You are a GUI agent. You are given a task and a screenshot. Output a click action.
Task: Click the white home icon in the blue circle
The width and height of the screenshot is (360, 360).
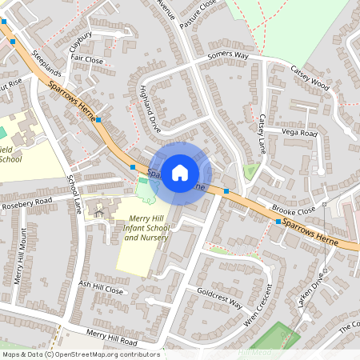(180, 172)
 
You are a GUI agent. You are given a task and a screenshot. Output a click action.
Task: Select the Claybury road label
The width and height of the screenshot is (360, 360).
(81, 38)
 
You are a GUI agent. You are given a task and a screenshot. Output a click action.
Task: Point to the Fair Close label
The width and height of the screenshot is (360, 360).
(87, 60)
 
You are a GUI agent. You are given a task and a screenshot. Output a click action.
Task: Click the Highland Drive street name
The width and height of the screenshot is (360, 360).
(150, 109)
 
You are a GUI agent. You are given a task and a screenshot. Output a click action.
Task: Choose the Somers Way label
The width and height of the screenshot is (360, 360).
(229, 55)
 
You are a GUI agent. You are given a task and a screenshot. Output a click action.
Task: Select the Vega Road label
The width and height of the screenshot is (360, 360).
(299, 132)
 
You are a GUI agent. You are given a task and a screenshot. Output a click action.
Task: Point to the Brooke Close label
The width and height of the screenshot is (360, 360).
(294, 210)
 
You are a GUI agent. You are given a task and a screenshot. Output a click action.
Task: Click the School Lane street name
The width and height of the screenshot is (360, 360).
(74, 194)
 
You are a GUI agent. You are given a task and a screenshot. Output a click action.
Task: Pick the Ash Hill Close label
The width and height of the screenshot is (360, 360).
(102, 287)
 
